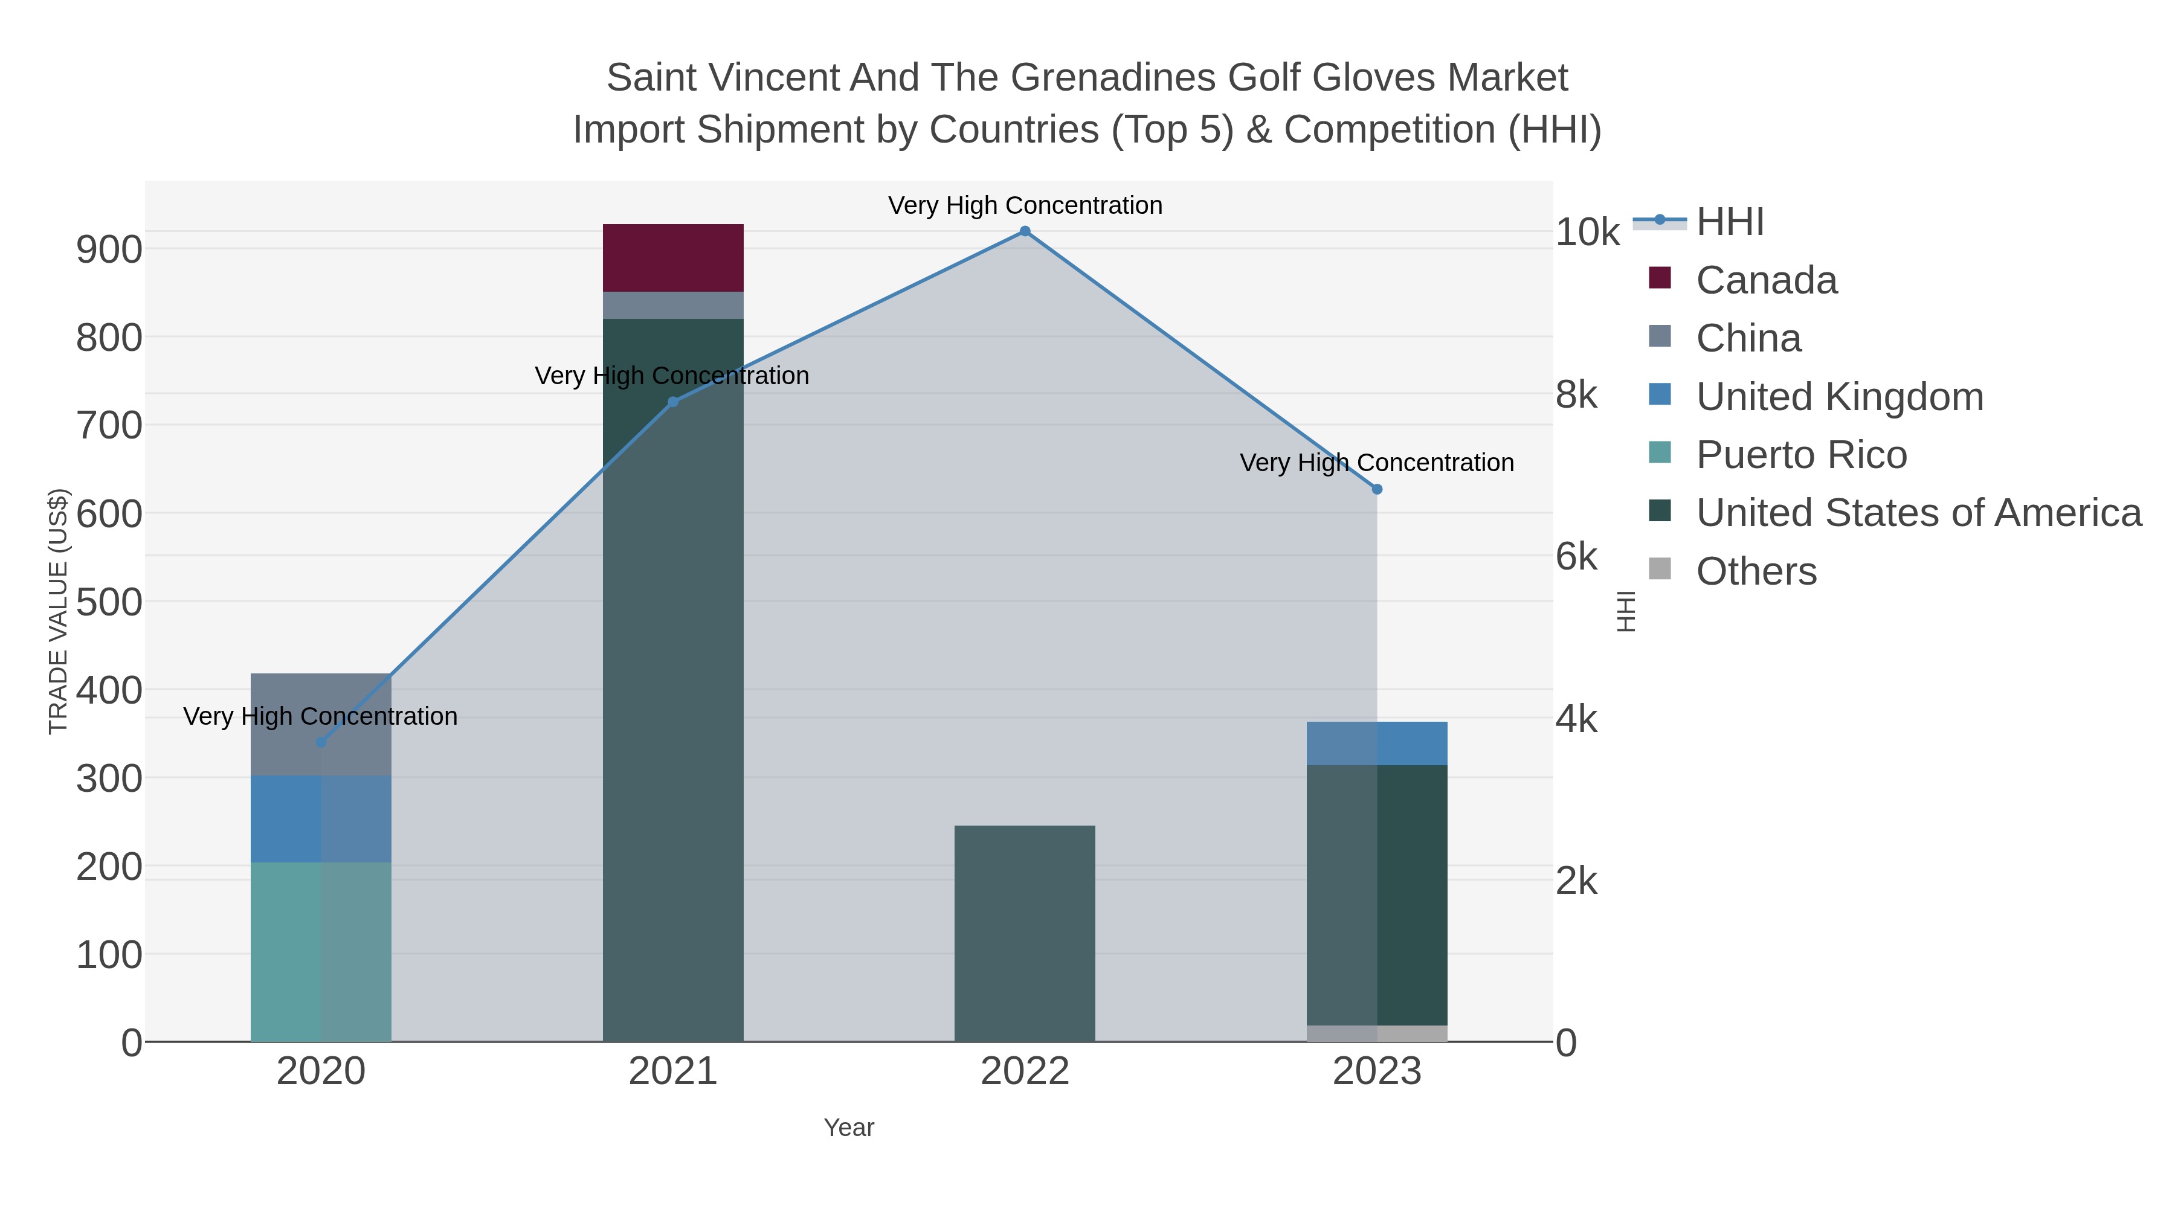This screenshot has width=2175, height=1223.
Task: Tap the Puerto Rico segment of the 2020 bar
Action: coord(321,951)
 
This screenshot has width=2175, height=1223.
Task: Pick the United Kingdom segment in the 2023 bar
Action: coord(1376,743)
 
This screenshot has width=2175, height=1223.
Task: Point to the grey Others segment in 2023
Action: coord(1376,1033)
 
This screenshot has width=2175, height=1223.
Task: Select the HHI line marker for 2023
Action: coord(1377,490)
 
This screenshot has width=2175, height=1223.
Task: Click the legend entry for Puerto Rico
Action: coord(1801,455)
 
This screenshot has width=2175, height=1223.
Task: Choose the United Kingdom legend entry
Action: coord(1839,397)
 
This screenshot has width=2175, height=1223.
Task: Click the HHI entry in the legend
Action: coord(1729,222)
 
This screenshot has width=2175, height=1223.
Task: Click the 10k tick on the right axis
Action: coord(1587,232)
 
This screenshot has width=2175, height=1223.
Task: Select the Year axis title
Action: coord(849,1128)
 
